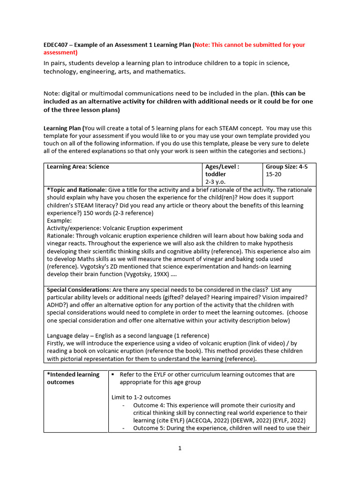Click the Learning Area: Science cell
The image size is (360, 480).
point(78,167)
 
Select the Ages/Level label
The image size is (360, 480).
point(222,167)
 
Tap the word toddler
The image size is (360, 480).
point(216,174)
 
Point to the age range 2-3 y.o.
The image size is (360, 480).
point(217,181)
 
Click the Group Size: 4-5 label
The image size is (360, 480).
point(286,167)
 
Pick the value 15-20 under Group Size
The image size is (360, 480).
point(274,174)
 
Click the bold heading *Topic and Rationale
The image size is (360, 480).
point(76,190)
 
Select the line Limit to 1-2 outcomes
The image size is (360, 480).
point(141,397)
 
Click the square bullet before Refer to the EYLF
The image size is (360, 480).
point(113,375)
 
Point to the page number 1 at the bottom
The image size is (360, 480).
point(180,448)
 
